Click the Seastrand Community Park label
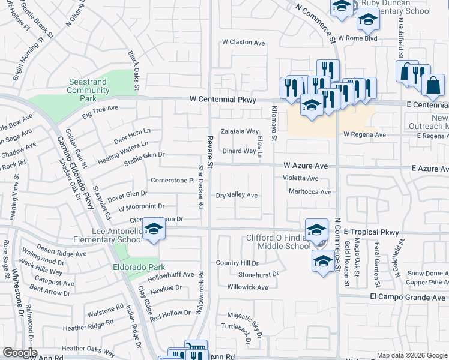(88, 90)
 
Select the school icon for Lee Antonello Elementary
(154, 231)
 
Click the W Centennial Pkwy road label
(223, 100)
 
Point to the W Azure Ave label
(306, 164)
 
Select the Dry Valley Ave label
(237, 196)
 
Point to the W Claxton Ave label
(243, 43)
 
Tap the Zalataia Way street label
(240, 131)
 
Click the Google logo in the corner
(20, 353)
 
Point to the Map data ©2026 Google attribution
(412, 355)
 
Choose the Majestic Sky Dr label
(246, 320)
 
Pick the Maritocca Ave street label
(310, 192)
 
